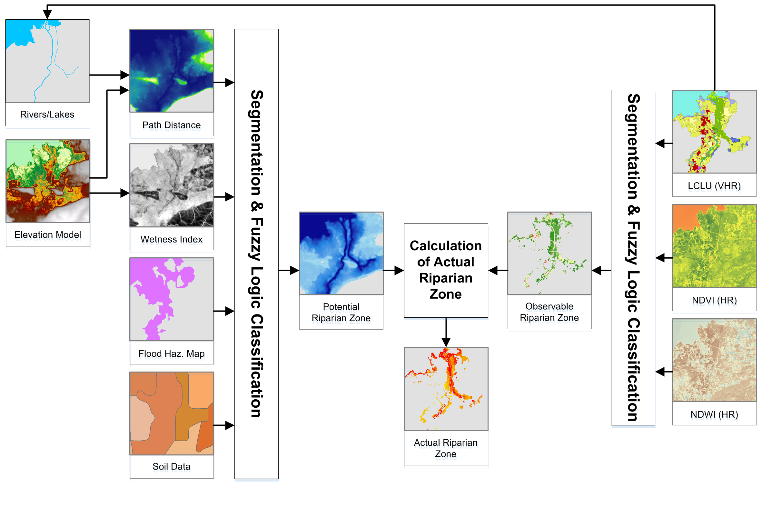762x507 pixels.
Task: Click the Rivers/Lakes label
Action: [47, 114]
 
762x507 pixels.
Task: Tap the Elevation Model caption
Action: [47, 234]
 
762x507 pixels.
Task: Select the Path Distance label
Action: [171, 125]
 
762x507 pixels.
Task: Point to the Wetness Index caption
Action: [171, 239]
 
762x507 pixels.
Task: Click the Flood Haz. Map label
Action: [171, 353]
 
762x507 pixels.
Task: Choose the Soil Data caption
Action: [171, 466]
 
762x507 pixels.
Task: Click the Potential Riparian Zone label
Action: [341, 312]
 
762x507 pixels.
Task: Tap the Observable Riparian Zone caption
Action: [549, 312]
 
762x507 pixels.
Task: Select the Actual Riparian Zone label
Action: [446, 448]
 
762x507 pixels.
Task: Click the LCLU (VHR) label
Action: [714, 185]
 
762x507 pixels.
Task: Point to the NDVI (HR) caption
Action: [714, 300]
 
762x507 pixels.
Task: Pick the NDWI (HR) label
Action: [714, 414]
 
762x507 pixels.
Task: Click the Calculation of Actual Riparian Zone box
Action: [446, 270]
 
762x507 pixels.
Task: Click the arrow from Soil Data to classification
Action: [224, 425]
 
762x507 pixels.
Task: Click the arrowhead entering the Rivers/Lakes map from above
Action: [47, 14]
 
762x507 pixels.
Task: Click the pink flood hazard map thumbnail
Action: [171, 299]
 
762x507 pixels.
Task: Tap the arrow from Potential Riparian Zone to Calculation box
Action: [393, 270]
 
